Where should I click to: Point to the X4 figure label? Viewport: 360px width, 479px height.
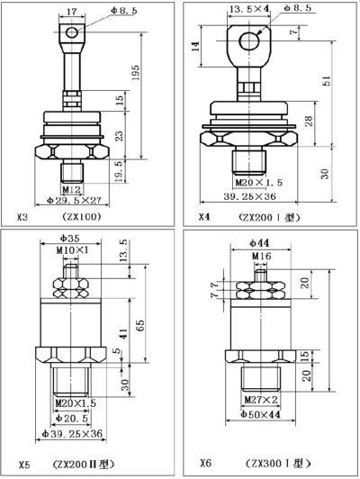click(x=206, y=218)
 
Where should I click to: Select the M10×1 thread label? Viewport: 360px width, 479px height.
click(x=68, y=249)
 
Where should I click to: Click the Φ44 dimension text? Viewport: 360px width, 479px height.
click(x=261, y=243)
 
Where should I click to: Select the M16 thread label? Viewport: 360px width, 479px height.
click(x=261, y=256)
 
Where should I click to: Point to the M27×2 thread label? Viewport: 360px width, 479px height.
click(x=260, y=399)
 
